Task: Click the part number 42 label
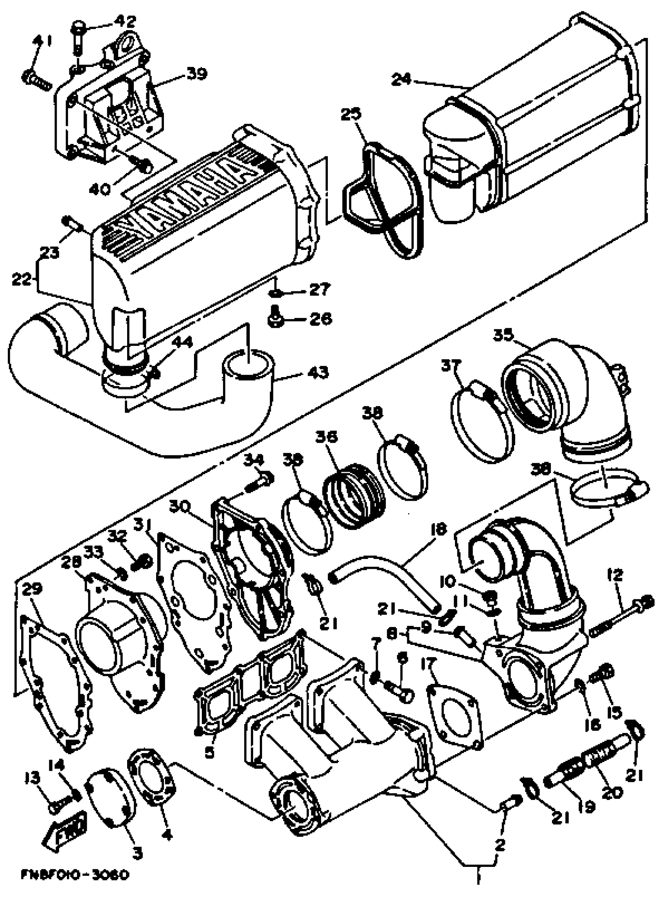tap(126, 21)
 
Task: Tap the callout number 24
tap(402, 80)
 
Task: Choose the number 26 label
tap(320, 319)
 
